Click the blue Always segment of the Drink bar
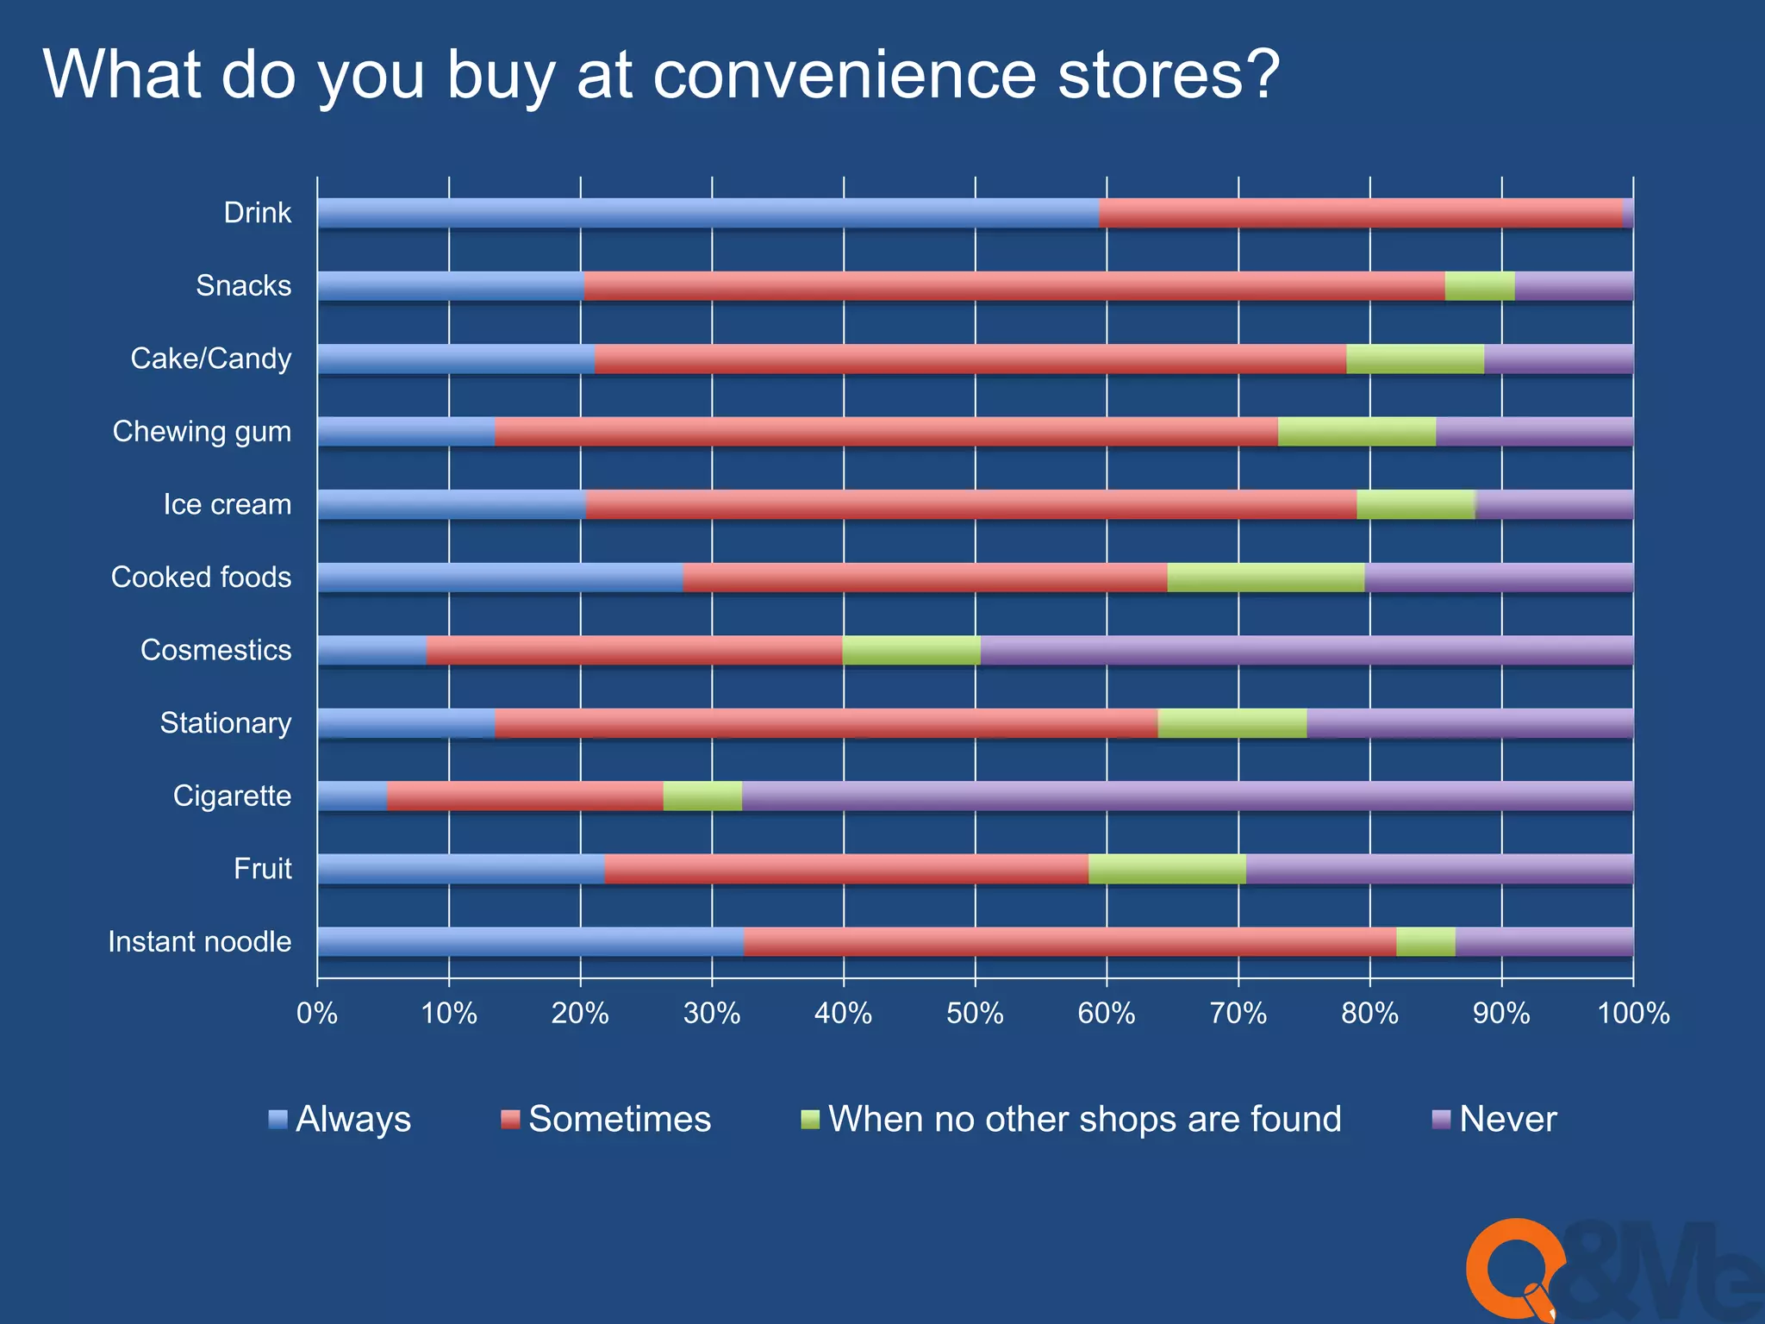(707, 213)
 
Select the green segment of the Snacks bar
(1479, 286)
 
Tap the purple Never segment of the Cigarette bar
(1187, 796)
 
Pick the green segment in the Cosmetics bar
(911, 650)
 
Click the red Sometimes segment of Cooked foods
(924, 578)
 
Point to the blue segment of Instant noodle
(530, 941)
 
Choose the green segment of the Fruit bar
(1167, 869)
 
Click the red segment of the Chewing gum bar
(886, 432)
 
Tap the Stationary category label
(226, 722)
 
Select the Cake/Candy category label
(211, 359)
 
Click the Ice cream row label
(228, 504)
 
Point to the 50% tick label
(975, 1013)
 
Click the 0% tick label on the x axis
(317, 1013)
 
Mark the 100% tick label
(1632, 1013)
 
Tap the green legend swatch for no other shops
(809, 1120)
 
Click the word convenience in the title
(845, 75)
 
